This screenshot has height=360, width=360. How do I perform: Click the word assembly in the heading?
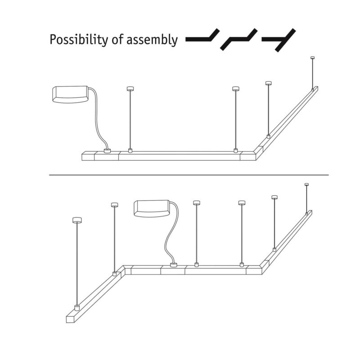pyautogui.click(x=152, y=40)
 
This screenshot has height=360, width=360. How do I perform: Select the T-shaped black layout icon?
pyautogui.click(x=279, y=40)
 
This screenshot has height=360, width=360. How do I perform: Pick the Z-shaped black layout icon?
pyautogui.click(x=238, y=39)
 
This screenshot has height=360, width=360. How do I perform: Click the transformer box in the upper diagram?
pyautogui.click(x=71, y=94)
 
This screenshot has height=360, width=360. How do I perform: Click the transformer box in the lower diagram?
pyautogui.click(x=152, y=208)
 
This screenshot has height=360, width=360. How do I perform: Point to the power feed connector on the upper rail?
pyautogui.click(x=107, y=151)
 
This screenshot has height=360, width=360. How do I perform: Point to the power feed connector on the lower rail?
pyautogui.click(x=173, y=265)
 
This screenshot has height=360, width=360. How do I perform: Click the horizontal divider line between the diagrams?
pyautogui.click(x=189, y=175)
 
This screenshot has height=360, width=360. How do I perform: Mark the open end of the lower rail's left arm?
pyautogui.click(x=71, y=319)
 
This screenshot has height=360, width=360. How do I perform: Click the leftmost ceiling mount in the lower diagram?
pyautogui.click(x=77, y=220)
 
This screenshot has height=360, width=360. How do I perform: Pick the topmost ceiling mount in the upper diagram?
pyautogui.click(x=312, y=58)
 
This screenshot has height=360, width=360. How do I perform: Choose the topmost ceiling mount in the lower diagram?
pyautogui.click(x=306, y=184)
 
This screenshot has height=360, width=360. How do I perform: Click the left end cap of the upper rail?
pyautogui.click(x=88, y=156)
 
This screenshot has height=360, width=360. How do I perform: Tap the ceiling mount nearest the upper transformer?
pyautogui.click(x=130, y=89)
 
